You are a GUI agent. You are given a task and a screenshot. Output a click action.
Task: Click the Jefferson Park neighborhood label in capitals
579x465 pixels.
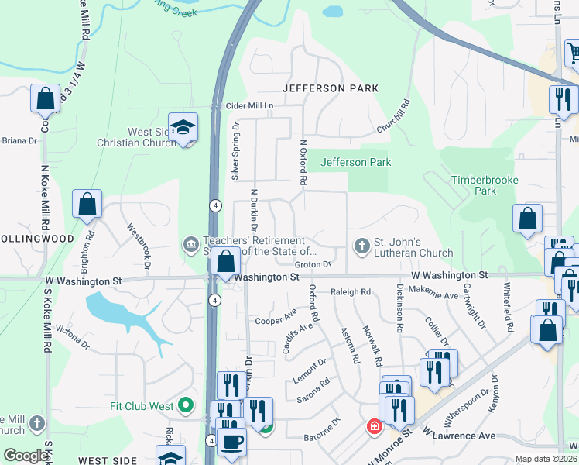click(x=331, y=88)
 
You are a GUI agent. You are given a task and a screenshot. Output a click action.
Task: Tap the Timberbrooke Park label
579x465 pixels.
click(x=485, y=184)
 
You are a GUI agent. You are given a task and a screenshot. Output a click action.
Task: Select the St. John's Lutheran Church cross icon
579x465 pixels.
click(x=361, y=246)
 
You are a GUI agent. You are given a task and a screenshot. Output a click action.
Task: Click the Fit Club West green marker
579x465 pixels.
click(x=185, y=405)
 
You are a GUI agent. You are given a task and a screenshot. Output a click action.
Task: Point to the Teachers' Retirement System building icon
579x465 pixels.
click(x=190, y=246)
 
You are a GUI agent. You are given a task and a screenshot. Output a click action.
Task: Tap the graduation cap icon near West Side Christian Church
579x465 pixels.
click(x=183, y=128)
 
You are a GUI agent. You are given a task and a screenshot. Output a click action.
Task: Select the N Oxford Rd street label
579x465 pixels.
click(x=304, y=163)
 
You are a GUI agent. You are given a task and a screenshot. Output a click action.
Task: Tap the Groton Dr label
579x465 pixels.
click(x=313, y=264)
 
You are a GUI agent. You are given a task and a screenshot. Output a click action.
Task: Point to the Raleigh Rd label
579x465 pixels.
click(x=351, y=292)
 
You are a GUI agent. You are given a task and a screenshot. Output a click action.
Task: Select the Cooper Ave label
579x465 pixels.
click(x=276, y=318)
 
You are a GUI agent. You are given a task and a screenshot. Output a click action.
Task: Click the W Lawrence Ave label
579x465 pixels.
click(x=459, y=436)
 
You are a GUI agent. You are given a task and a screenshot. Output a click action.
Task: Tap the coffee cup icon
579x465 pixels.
click(x=231, y=441)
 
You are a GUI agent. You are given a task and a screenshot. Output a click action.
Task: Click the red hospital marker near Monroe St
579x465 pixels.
click(x=374, y=427)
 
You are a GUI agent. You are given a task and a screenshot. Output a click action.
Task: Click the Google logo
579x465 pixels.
click(x=26, y=456)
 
